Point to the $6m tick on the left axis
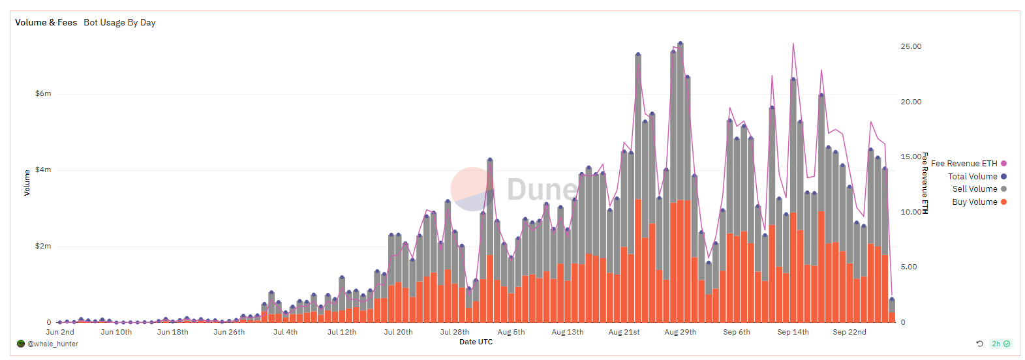(43, 94)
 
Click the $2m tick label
(43, 247)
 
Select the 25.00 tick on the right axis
(911, 47)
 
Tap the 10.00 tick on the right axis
(911, 213)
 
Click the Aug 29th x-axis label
(680, 333)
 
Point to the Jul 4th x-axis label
(285, 333)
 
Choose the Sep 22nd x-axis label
(849, 333)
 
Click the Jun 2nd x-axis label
(60, 333)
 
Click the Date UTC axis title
(476, 342)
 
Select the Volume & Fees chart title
(46, 23)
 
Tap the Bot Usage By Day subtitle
(119, 23)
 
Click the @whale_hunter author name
(52, 344)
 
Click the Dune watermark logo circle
(472, 189)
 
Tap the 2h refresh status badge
(1000, 344)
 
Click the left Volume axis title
(27, 183)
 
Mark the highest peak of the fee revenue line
(793, 44)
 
